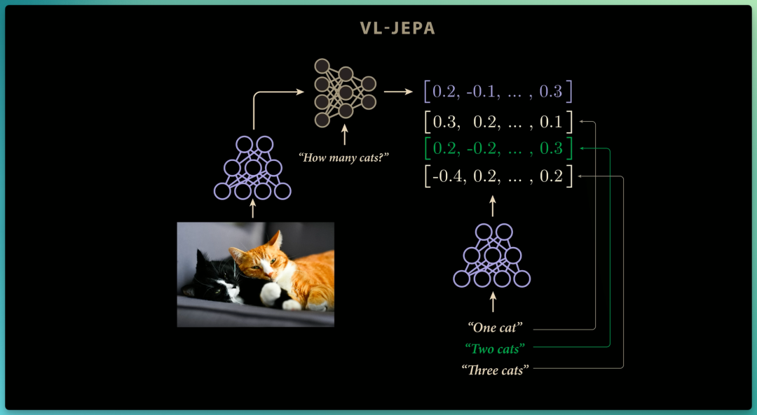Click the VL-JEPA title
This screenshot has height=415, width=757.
pyautogui.click(x=397, y=29)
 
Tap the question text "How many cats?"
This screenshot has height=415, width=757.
pyautogui.click(x=343, y=157)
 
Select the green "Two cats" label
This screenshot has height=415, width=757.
pyautogui.click(x=495, y=349)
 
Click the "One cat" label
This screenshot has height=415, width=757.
pyautogui.click(x=496, y=328)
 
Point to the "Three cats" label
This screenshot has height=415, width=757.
pyautogui.click(x=496, y=370)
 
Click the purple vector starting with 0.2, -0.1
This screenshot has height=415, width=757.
pyautogui.click(x=498, y=92)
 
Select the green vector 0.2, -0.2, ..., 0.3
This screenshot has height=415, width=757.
pyautogui.click(x=498, y=148)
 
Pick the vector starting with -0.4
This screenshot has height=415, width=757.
pyautogui.click(x=498, y=176)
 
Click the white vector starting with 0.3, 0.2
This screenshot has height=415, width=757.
pyautogui.click(x=498, y=122)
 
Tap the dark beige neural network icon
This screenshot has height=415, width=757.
pyautogui.click(x=345, y=92)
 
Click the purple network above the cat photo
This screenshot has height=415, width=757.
pyautogui.click(x=252, y=168)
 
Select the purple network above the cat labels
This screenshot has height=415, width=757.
pyautogui.click(x=492, y=255)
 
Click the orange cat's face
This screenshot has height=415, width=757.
pyautogui.click(x=256, y=264)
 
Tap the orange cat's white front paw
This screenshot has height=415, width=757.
pyautogui.click(x=271, y=293)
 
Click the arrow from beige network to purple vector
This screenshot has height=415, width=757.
pyautogui.click(x=398, y=90)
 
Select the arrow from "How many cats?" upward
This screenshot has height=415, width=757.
pyautogui.click(x=344, y=134)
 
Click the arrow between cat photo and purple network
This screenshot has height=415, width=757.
pyautogui.click(x=252, y=209)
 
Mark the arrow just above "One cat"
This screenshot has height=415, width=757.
pyautogui.click(x=493, y=302)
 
